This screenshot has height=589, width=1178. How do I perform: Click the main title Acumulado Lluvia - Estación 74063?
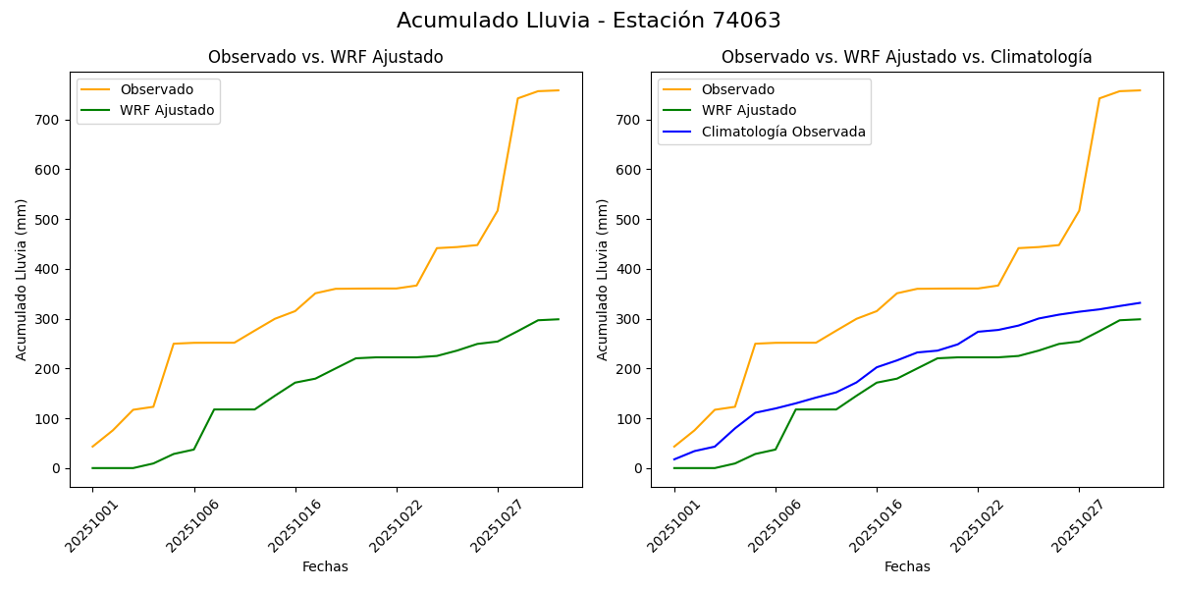pos(589,21)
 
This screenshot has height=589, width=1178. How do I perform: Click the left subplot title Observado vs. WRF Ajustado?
pos(325,57)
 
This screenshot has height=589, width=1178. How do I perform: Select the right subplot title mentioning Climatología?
pos(906,57)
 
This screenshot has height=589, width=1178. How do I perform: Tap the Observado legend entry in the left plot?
pos(156,90)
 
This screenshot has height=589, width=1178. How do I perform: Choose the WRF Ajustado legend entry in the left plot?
pos(167,110)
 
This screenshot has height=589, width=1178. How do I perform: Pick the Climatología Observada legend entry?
pos(782,132)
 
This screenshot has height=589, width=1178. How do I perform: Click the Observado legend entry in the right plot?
pos(737,90)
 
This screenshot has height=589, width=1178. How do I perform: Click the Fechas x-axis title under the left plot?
pos(325,566)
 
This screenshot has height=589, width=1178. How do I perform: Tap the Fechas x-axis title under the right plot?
pos(906,566)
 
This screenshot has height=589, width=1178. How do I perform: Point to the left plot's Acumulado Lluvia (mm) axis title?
pos(22,279)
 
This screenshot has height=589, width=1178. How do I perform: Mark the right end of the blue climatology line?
pos(1140,302)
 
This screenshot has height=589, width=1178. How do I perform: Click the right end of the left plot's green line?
pos(559,319)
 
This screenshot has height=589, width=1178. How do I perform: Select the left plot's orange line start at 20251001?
pos(92,447)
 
